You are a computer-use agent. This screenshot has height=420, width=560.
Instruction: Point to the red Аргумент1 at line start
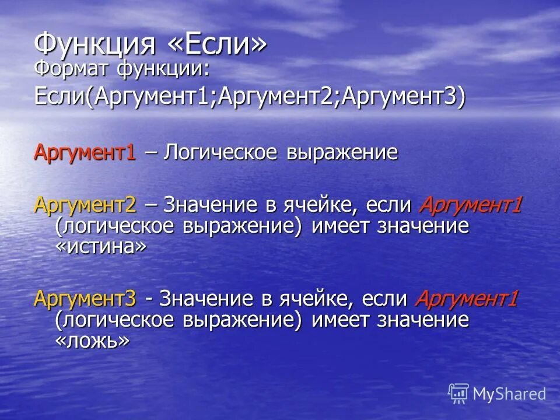pyautogui.click(x=85, y=153)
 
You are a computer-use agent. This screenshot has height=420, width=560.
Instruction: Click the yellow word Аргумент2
pyautogui.click(x=85, y=205)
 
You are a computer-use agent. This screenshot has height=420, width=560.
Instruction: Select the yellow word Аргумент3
pyautogui.click(x=85, y=299)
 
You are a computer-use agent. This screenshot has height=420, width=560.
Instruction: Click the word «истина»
pyautogui.click(x=100, y=247)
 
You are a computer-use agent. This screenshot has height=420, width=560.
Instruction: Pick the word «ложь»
pyautogui.click(x=92, y=341)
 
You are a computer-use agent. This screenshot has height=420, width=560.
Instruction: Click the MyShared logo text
pyautogui.click(x=509, y=394)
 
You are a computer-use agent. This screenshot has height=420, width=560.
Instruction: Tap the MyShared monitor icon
pyautogui.click(x=459, y=393)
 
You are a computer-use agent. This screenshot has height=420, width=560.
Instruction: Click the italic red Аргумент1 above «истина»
pyautogui.click(x=470, y=205)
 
